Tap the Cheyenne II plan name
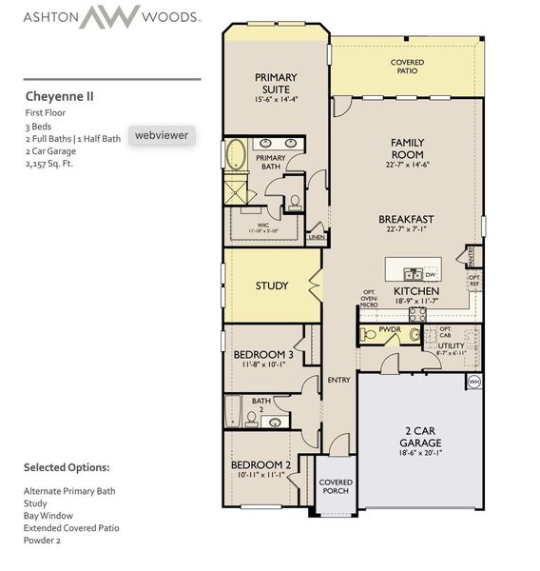[x=59, y=96]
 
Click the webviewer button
[x=160, y=136]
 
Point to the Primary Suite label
[x=276, y=83]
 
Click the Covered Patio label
[x=407, y=68]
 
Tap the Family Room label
[x=407, y=148]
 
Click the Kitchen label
[x=415, y=290]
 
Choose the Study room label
[x=272, y=285]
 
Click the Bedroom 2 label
[x=260, y=465]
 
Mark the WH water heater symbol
[x=473, y=382]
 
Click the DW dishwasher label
[x=430, y=274]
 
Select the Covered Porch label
[x=336, y=486]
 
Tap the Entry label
[x=338, y=380]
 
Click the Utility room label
[x=452, y=345]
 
